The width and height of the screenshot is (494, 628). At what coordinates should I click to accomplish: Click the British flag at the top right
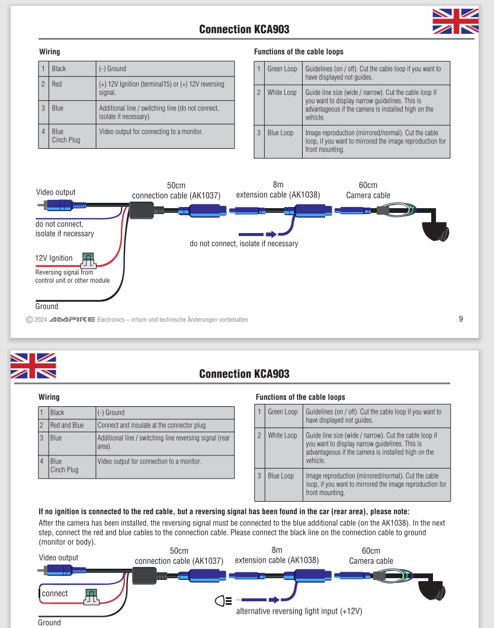[455, 21]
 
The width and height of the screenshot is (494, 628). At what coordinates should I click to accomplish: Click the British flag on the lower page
[33, 365]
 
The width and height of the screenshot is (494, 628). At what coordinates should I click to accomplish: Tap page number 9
[461, 319]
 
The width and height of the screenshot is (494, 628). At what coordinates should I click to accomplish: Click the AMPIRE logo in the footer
[72, 320]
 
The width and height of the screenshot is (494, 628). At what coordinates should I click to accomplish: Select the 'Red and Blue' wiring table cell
[67, 425]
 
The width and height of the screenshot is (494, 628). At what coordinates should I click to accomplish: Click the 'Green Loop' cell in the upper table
[282, 69]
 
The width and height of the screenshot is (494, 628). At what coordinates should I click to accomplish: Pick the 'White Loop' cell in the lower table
[283, 435]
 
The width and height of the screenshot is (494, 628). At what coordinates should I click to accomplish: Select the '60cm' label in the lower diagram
[371, 551]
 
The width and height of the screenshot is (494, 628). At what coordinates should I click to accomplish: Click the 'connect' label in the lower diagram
[55, 593]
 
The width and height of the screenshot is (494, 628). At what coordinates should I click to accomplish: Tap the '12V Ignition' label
[54, 258]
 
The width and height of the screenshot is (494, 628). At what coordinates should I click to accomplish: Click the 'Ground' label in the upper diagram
[47, 307]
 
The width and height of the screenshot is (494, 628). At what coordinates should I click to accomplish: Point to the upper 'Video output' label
[56, 192]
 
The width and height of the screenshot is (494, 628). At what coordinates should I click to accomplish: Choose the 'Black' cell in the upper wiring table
[59, 69]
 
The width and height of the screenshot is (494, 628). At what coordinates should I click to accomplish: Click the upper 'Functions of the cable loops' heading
[299, 52]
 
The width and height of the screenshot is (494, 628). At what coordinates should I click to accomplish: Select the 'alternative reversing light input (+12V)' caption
[299, 611]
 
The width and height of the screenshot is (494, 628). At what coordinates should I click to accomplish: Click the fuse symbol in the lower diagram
[91, 595]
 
